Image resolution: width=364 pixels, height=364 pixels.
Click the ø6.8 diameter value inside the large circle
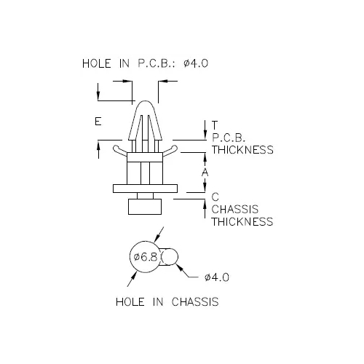(146, 257)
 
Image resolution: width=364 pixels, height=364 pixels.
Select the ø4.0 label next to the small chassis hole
(217, 277)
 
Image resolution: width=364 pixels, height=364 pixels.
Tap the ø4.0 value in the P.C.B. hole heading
(196, 63)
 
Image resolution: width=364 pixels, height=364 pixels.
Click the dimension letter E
(98, 121)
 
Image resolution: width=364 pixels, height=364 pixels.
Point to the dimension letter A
(205, 173)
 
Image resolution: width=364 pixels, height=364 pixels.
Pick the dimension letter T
(215, 125)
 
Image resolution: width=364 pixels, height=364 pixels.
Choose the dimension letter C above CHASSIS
(215, 197)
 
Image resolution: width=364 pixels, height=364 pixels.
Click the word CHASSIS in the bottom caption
(195, 302)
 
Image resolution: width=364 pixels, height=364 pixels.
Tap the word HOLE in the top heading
(97, 63)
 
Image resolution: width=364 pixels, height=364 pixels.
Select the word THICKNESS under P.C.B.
(242, 150)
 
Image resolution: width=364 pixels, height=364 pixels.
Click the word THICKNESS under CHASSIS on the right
(242, 221)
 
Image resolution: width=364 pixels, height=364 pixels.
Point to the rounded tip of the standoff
(145, 102)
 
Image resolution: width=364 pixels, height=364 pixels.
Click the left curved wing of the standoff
(119, 151)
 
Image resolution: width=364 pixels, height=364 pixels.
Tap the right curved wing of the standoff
(170, 151)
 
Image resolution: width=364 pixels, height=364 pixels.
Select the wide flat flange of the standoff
(145, 189)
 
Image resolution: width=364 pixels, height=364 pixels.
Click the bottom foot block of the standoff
(145, 207)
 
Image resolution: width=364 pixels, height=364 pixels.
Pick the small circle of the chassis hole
(170, 257)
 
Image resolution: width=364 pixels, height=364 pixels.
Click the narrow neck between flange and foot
(145, 196)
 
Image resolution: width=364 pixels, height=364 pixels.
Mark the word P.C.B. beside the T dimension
(229, 138)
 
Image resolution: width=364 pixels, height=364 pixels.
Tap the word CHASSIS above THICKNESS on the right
(235, 209)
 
